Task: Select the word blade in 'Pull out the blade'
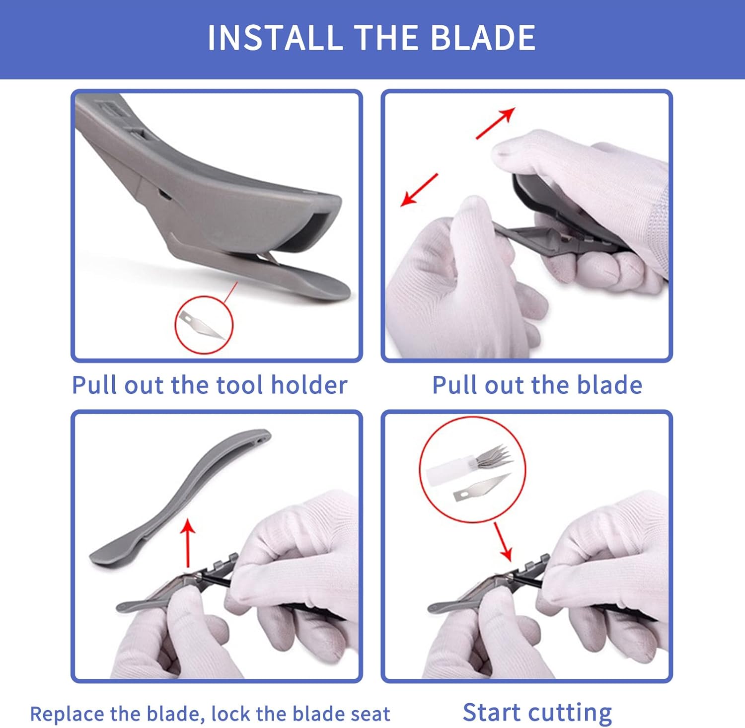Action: (610, 385)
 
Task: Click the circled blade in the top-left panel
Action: (201, 325)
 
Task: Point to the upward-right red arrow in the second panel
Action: (495, 123)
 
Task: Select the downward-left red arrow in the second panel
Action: (419, 189)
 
